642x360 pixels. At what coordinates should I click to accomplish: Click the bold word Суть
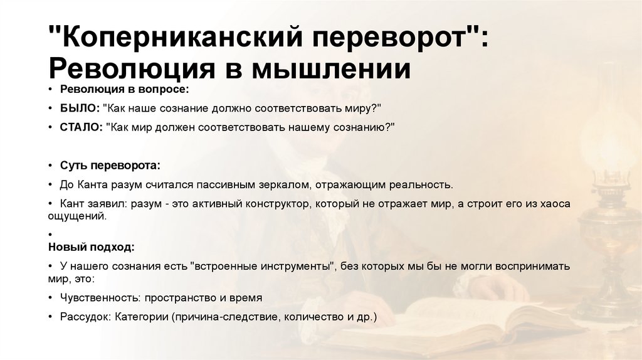click(73, 166)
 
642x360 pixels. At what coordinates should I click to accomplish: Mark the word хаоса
click(555, 204)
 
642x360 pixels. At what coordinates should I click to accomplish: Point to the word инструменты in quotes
click(291, 266)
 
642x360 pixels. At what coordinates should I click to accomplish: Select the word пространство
click(177, 298)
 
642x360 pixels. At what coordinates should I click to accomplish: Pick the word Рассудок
click(86, 317)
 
